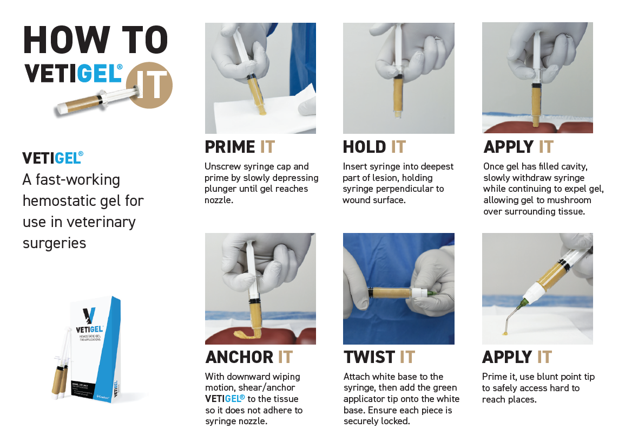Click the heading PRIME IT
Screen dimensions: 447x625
point(240,147)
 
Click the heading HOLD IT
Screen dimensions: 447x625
point(374,147)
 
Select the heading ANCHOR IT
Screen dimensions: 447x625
point(249,357)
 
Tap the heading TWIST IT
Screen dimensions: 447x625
point(379,357)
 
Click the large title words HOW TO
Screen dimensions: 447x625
point(96,40)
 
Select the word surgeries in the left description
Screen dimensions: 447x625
point(54,243)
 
